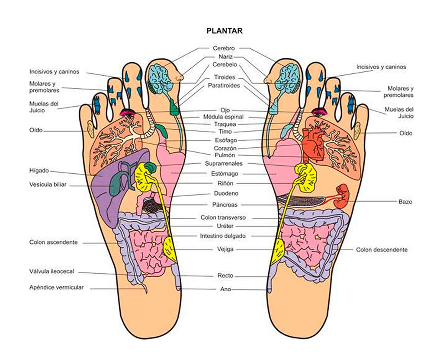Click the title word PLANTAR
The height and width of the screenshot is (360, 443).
(225, 31)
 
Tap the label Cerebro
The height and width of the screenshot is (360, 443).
(224, 48)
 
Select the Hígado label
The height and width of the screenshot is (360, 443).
(39, 170)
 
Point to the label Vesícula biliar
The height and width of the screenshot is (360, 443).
(48, 185)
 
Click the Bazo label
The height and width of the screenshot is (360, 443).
(405, 201)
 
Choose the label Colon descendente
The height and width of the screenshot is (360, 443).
(382, 250)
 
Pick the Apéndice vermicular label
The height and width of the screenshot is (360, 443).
(57, 287)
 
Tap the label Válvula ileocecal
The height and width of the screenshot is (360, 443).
(52, 271)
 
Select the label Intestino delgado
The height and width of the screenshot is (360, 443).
(223, 236)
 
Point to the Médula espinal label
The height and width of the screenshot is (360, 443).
(223, 117)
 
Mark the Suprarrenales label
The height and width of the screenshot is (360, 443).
(223, 163)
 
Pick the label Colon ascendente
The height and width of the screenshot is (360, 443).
(54, 242)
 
